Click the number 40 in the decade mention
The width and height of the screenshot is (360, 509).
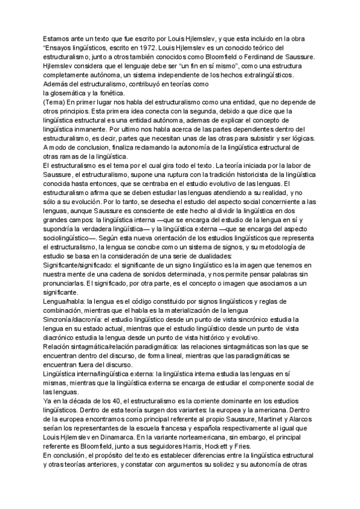109,400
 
